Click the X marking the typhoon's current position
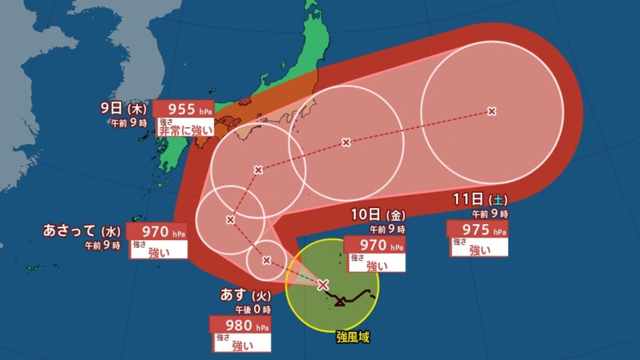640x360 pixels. coord(323,285)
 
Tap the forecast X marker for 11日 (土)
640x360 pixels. coord(491,111)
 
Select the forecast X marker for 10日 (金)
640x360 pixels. coord(346,142)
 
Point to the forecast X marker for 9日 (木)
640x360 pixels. coord(258,170)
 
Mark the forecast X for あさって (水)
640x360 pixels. coord(230,220)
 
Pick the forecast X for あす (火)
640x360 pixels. coord(266,260)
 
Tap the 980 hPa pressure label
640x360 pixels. coord(240,325)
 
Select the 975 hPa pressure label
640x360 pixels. coord(477,230)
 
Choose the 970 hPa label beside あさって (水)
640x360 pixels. coord(156,232)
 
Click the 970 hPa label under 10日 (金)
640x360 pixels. coord(374,245)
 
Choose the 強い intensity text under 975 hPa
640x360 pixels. coord(480,251)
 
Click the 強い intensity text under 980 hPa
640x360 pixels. coord(244,346)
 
